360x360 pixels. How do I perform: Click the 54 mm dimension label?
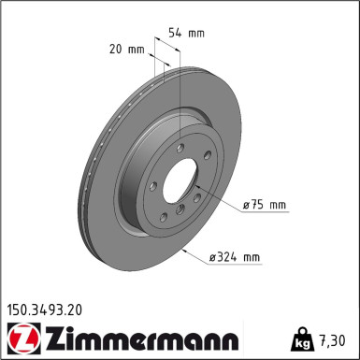pos(186,33)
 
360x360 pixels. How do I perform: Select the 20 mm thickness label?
pos(127,50)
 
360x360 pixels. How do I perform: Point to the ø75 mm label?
pos(265,205)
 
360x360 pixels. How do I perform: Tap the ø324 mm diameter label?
pos(234,257)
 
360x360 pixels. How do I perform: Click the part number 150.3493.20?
pos(45,310)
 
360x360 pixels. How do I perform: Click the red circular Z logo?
pos(23,339)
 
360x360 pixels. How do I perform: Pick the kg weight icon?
pos(301,339)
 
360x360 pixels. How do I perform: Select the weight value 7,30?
pos(331,340)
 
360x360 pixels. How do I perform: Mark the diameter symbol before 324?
pos(212,258)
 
